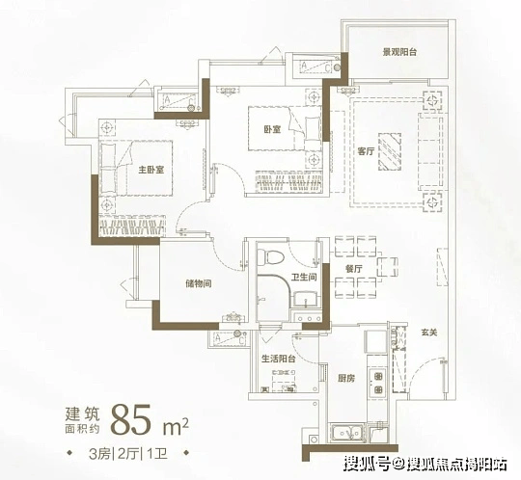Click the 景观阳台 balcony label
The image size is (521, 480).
[x=399, y=52]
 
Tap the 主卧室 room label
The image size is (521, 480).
[x=151, y=170]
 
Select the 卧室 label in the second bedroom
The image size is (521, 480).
[x=272, y=129]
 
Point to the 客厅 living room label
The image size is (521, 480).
[x=367, y=151]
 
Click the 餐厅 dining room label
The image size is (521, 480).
[x=353, y=269]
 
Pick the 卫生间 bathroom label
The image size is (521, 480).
[x=304, y=277]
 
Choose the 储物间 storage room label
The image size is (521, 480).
[x=199, y=283]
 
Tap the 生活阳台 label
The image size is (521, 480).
[x=279, y=359]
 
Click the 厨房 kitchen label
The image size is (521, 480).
[x=346, y=378]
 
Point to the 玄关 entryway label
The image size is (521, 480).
[x=429, y=333]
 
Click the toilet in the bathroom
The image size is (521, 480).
[x=270, y=256]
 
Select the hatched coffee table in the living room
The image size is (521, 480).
[x=390, y=151]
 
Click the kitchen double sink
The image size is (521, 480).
[x=347, y=432]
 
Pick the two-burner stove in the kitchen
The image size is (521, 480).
[x=378, y=383]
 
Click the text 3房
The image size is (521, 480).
[x=99, y=453]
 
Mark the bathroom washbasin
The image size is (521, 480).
[x=304, y=300]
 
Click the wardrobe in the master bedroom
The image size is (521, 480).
[x=132, y=226]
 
